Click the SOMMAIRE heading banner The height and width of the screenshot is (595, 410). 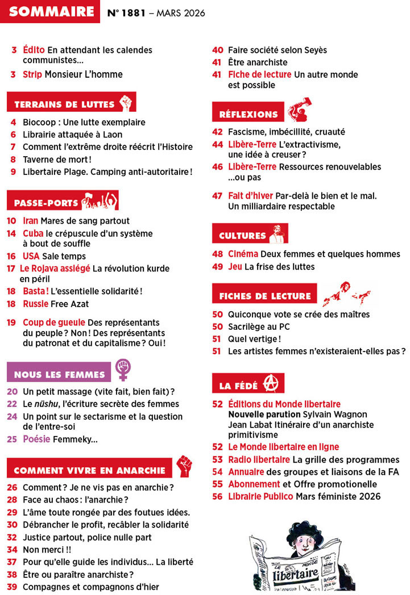coord(51,12)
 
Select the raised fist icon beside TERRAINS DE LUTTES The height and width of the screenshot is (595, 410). coord(126,103)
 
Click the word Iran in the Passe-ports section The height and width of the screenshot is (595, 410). coord(31,221)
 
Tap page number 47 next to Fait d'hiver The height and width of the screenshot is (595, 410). coord(217,196)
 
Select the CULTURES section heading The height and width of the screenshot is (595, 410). coord(242,236)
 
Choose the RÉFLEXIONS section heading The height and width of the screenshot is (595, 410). coord(249,114)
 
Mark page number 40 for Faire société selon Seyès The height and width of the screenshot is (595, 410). coord(217,50)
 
